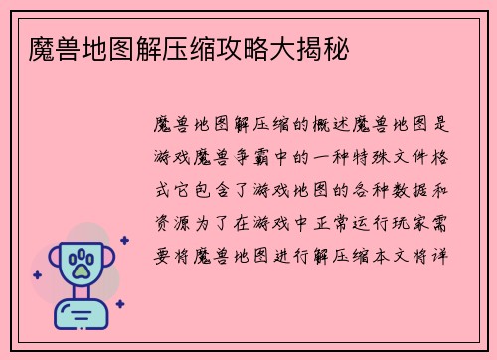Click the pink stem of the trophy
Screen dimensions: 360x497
click(81, 295)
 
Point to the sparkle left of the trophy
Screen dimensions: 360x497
click(37, 275)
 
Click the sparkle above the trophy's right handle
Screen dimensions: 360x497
click(124, 240)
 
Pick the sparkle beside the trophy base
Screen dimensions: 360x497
click(119, 304)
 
